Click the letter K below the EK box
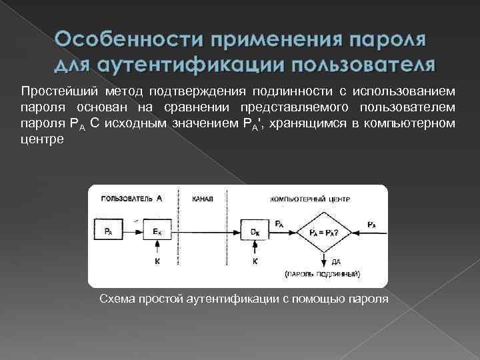pyautogui.click(x=157, y=262)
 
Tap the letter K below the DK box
pyautogui.click(x=255, y=262)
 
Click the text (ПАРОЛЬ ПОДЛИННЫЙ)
pyautogui.click(x=323, y=273)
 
